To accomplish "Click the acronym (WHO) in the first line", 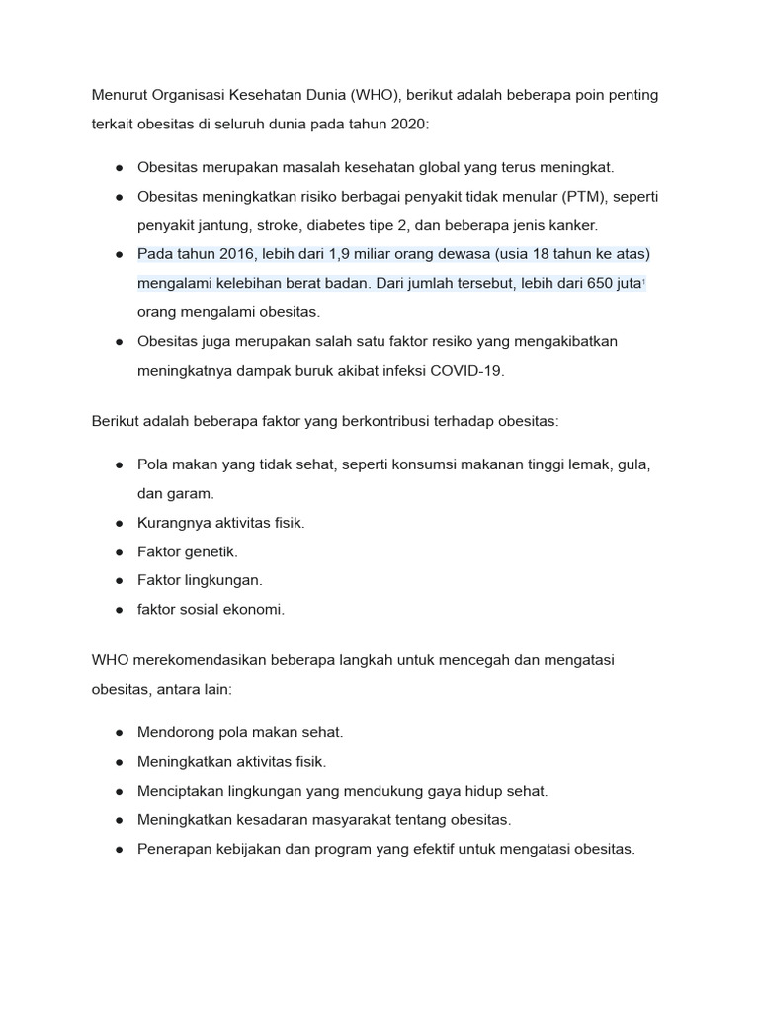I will (373, 95).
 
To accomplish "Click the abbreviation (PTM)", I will (584, 197).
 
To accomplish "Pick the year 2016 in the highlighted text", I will (233, 254).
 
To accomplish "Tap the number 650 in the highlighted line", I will (600, 283).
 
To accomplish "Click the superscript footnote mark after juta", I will (644, 282).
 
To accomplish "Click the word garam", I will (193, 493).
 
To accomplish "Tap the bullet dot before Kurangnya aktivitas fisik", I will (119, 523).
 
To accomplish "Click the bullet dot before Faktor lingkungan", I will (119, 580).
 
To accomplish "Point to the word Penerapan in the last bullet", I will (173, 848).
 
